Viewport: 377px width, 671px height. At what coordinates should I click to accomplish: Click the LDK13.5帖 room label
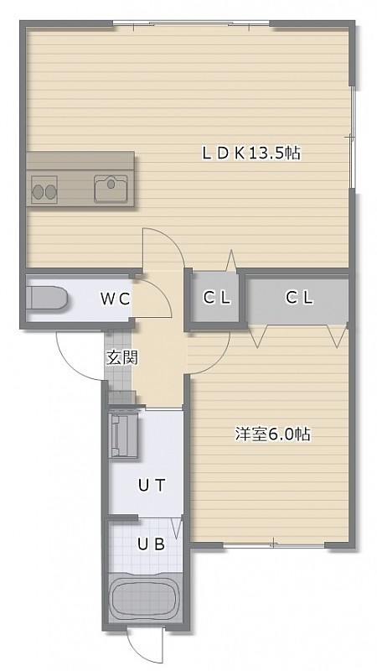point(250,153)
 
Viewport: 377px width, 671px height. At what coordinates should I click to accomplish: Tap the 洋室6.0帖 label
point(272,434)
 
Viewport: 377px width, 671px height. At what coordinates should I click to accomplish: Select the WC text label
point(115,299)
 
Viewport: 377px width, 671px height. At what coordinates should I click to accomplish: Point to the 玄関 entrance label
point(121,358)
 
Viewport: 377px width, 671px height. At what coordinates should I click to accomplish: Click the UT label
point(152,486)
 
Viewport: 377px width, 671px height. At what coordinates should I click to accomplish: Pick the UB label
point(152,544)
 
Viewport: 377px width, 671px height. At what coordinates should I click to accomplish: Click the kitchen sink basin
point(111,188)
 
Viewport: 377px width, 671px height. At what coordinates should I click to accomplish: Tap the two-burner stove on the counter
point(44,190)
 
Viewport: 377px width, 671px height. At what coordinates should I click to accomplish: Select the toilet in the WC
point(47,299)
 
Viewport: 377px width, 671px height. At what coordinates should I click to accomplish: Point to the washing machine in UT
point(124,435)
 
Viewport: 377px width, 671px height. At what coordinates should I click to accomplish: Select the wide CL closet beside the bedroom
point(299,298)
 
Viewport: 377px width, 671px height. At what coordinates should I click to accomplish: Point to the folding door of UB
point(177,528)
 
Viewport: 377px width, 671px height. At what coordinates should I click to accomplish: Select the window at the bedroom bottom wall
point(274,545)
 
